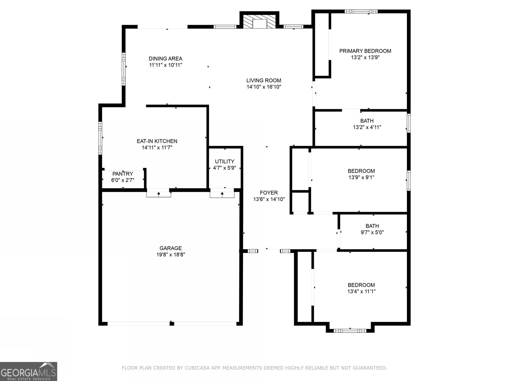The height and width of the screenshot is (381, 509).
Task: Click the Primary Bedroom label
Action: point(365,51)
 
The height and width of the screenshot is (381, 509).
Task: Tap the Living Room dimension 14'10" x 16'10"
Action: point(264,87)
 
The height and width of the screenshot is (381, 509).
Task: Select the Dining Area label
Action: point(165,58)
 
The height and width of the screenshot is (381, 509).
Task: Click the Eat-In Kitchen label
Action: point(157,141)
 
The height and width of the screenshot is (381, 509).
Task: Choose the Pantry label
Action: point(122,174)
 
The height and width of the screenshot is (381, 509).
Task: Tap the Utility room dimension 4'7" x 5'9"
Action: point(224,168)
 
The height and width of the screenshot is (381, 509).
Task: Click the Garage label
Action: point(171,248)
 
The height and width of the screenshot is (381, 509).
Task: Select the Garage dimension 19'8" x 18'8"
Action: point(171,254)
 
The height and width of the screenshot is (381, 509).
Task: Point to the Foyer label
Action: point(268,192)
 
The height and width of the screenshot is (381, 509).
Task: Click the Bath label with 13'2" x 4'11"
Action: point(367,121)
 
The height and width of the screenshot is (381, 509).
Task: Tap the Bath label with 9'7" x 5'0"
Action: point(372,226)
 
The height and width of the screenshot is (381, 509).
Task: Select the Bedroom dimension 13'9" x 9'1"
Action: point(361,177)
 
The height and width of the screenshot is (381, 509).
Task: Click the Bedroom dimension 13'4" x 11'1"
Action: point(361,291)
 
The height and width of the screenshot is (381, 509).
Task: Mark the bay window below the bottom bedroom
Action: point(350,331)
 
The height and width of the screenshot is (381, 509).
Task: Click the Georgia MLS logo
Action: point(28,371)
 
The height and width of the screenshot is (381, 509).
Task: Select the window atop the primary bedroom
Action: point(361,11)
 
